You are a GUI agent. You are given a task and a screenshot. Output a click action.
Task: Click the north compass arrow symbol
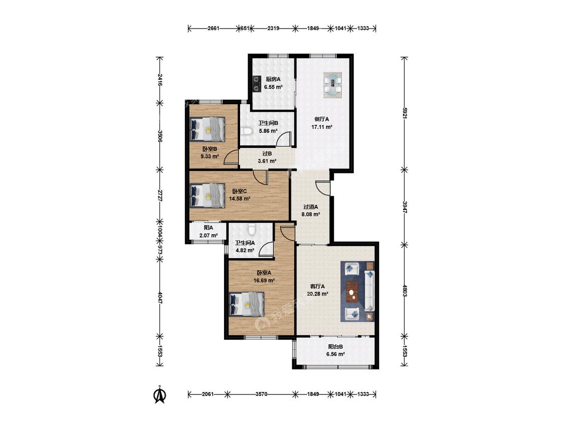click(160, 394)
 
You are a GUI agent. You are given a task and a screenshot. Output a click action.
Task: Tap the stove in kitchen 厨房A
click(257, 84)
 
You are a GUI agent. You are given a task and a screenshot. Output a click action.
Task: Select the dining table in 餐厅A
click(332, 85)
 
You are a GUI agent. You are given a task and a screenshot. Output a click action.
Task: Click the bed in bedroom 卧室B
click(207, 129)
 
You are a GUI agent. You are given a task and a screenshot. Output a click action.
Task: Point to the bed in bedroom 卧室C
click(207, 195)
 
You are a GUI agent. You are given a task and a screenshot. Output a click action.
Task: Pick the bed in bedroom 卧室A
click(247, 304)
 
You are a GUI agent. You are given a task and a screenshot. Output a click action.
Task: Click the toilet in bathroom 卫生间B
click(246, 131)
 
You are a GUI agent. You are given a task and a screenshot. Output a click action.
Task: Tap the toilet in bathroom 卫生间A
click(252, 228)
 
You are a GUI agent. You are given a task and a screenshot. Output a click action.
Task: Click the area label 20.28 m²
click(317, 294)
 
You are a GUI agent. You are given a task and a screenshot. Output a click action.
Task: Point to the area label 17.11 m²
click(321, 127)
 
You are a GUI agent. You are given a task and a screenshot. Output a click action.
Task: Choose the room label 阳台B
click(335, 347)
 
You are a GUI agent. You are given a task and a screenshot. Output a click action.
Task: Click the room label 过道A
click(310, 207)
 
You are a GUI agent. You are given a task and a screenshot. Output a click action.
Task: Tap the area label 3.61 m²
click(267, 161)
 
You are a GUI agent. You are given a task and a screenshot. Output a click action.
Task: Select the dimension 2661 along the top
click(213, 28)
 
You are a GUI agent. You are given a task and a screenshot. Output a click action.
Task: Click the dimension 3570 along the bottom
click(261, 394)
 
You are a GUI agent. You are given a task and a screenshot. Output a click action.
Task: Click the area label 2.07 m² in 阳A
click(208, 236)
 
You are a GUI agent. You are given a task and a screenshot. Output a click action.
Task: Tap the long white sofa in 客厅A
click(369, 291)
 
